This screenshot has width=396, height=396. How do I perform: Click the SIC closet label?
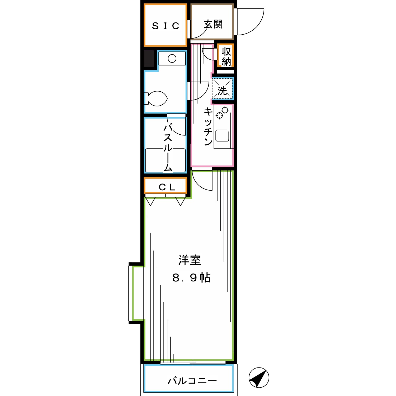tap(166, 26)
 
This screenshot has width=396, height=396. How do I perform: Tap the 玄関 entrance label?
tap(213, 24)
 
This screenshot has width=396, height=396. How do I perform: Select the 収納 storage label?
tap(226, 56)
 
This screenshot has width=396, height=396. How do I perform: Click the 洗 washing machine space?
tap(222, 89)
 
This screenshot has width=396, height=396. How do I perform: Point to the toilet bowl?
tap(157, 98)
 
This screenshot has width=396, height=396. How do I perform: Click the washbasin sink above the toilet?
tap(172, 58)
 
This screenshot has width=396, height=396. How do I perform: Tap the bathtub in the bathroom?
tap(165, 160)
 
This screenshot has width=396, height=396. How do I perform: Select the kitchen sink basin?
tap(222, 135)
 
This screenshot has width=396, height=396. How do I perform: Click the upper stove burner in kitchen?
tap(225, 110)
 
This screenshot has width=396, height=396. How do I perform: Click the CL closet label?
tap(167, 187)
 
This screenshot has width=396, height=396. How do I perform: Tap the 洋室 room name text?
tap(190, 260)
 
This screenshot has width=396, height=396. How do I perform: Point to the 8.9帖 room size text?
tap(191, 278)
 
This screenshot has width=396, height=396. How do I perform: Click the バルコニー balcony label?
tap(192, 381)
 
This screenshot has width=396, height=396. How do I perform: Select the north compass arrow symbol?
tap(259, 378)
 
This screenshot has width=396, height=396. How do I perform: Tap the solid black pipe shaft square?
tap(149, 58)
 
